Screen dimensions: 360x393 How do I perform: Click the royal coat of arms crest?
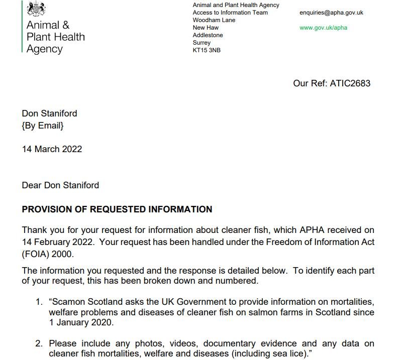point(36,9)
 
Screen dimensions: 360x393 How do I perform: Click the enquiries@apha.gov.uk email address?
point(331,13)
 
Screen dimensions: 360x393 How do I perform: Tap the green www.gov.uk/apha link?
point(323,28)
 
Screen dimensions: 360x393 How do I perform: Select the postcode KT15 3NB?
point(207,50)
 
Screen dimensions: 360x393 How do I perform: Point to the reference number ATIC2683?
point(350,83)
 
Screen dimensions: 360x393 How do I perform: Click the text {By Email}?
point(43,126)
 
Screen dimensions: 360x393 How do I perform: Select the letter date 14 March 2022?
point(52,149)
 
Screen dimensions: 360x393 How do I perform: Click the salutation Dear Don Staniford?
point(60,185)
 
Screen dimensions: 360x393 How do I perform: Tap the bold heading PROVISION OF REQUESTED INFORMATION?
point(117,209)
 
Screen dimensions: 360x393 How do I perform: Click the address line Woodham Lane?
point(214,20)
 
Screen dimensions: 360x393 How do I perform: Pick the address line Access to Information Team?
point(230,13)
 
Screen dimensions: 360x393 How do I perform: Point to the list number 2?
point(39,344)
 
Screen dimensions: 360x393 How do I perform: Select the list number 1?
point(39,301)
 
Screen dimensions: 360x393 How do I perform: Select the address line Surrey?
point(202,43)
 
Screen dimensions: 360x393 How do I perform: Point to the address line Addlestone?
point(208,35)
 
